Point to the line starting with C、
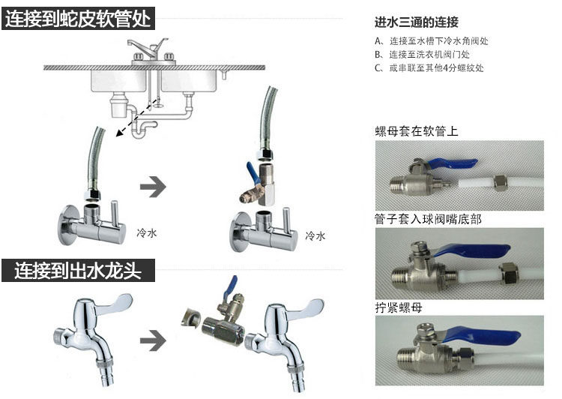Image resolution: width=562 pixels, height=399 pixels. click(x=429, y=67)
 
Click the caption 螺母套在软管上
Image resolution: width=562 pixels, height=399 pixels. click(x=417, y=131)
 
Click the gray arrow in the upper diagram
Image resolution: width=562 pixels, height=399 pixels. click(x=153, y=187)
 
